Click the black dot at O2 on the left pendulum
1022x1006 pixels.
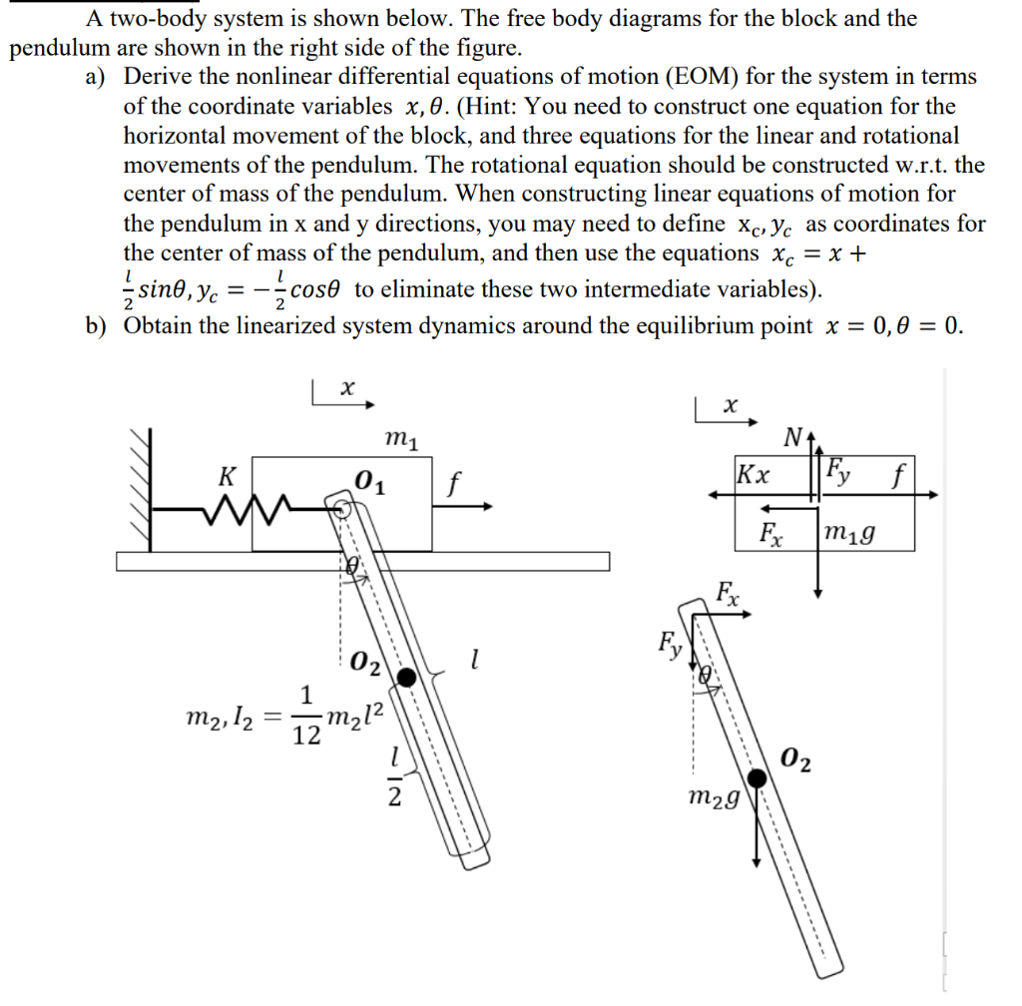click(x=406, y=678)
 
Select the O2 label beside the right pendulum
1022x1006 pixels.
click(x=796, y=762)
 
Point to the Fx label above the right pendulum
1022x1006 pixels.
click(x=729, y=591)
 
